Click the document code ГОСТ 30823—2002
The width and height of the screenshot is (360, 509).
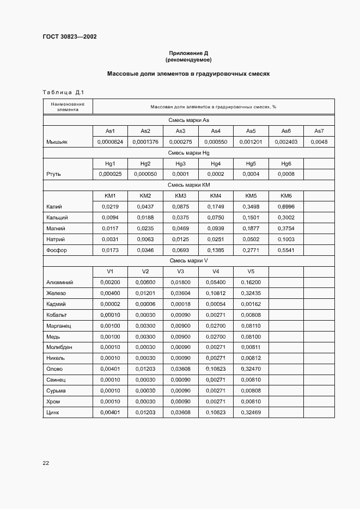point(70,36)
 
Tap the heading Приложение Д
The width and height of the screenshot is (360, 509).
point(188,53)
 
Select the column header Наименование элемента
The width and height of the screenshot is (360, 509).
point(68,107)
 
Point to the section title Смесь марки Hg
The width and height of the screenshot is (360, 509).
point(188,153)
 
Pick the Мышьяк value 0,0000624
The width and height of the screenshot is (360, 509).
point(110,142)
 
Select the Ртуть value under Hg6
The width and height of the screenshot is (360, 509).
point(286,174)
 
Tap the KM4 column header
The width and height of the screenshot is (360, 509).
point(216,195)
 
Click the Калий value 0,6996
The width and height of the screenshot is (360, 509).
point(286,206)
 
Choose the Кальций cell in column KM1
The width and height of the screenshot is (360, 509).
point(110,217)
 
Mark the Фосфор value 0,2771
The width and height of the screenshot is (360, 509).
point(251,250)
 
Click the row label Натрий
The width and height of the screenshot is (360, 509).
point(56,239)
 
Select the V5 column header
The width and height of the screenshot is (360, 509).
point(251,271)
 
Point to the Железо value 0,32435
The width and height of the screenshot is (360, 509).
point(251,293)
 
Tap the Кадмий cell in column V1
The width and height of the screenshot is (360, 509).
point(110,304)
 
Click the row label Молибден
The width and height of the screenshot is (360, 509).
point(60,347)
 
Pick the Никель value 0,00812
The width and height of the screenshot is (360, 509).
point(251,358)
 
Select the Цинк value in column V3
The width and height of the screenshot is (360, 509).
point(180,412)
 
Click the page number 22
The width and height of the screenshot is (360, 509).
point(46,463)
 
